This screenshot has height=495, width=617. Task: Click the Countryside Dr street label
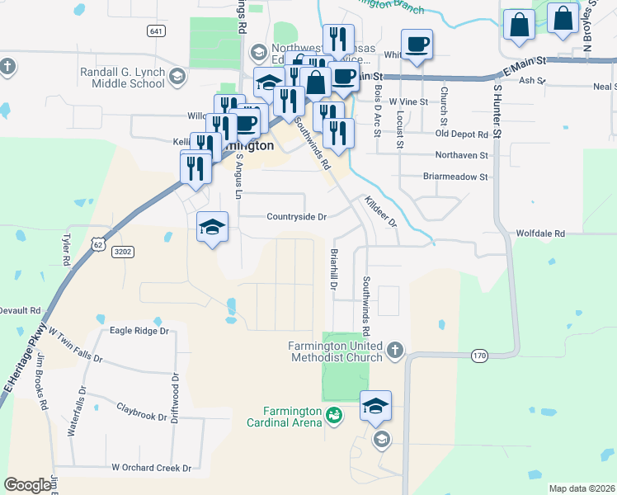(x=297, y=217)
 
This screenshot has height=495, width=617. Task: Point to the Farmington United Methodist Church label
(x=336, y=351)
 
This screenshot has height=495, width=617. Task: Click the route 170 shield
(x=480, y=356)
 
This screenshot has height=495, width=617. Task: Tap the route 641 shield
(x=156, y=31)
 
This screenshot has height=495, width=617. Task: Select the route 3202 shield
(x=123, y=252)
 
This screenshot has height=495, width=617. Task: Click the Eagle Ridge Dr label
(x=139, y=331)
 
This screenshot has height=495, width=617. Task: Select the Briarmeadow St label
(x=455, y=177)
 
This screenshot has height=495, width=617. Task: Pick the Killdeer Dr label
(x=381, y=212)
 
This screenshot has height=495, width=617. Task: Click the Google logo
(x=27, y=485)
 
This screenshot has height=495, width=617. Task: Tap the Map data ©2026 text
(x=582, y=488)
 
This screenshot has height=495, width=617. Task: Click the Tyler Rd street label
(x=66, y=249)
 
